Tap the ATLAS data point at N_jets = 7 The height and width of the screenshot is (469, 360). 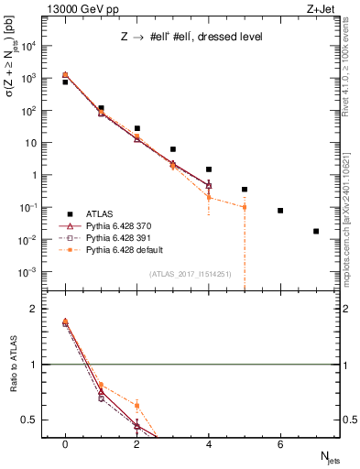316,231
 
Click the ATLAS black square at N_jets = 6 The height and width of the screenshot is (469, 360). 280,211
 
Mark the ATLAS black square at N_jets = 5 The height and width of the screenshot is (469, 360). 245,190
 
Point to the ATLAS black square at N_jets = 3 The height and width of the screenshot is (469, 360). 173,149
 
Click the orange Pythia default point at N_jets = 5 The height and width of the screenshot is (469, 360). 245,207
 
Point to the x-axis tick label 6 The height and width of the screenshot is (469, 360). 280,444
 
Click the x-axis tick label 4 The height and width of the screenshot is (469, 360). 209,444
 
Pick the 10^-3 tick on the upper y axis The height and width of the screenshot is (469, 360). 36,272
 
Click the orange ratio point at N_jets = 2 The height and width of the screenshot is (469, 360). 137,405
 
